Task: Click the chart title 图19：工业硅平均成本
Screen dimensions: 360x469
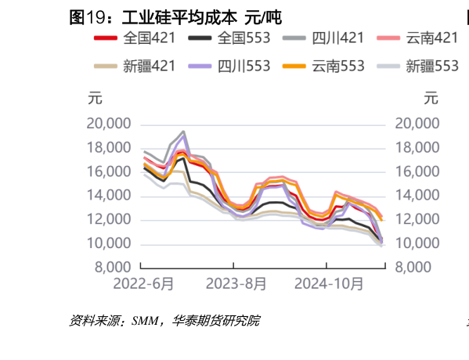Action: tap(175, 16)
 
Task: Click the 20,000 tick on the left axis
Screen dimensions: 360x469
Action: tap(108, 124)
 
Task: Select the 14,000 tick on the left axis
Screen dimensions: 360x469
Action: tap(108, 196)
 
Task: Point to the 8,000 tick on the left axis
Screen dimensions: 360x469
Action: tap(112, 268)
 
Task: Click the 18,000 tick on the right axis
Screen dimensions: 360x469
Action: tap(417, 148)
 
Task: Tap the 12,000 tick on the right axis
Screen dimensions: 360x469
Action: tap(417, 220)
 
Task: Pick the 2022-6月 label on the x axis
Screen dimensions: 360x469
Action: tap(144, 283)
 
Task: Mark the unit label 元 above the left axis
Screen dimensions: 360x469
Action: tap(94, 99)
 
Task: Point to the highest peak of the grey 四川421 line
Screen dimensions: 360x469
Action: tap(183, 131)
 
